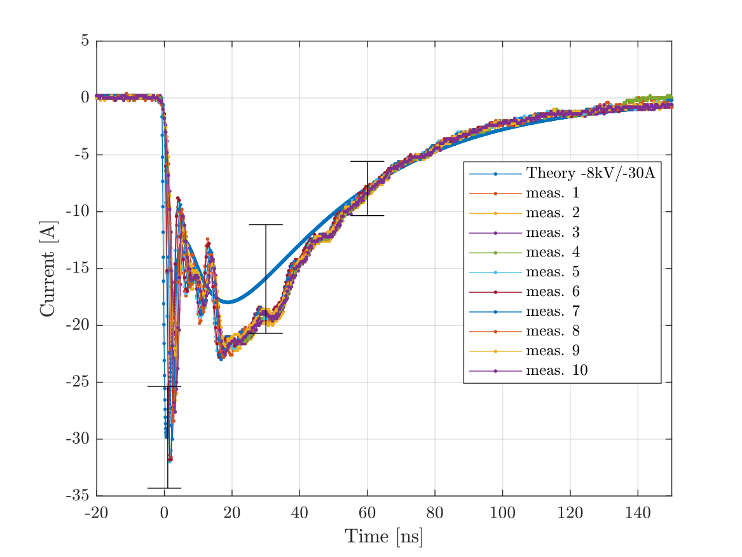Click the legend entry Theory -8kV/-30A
(590, 173)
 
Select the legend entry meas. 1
(553, 193)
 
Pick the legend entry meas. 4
(553, 253)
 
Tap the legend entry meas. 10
(556, 371)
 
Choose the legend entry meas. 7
(553, 312)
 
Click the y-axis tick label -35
(78, 496)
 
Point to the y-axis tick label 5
(85, 41)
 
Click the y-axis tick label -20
(78, 325)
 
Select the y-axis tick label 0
(85, 98)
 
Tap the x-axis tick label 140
(638, 512)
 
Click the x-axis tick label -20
(97, 512)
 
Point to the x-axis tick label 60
(367, 512)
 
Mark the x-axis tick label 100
(502, 512)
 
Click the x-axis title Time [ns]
(383, 537)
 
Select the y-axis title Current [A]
(48, 268)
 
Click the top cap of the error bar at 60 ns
(367, 162)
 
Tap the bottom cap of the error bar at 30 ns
(266, 333)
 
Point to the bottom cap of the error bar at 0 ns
(165, 488)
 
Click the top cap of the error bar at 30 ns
(266, 225)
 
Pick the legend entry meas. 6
(553, 292)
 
